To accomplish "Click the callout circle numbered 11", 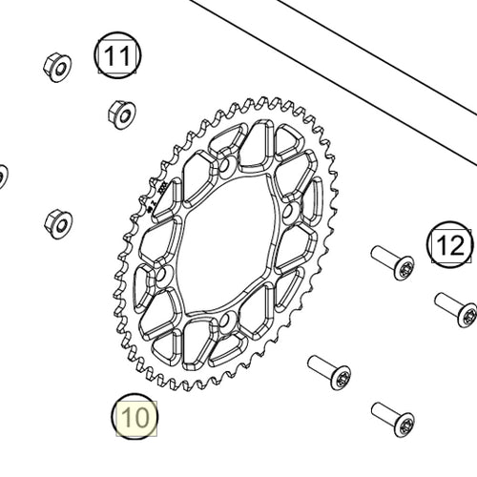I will (x=115, y=56).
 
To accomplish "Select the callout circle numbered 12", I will (x=450, y=246).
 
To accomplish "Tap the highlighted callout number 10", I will (x=135, y=417).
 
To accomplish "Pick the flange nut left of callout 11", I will (x=57, y=67).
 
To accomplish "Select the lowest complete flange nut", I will (x=58, y=223).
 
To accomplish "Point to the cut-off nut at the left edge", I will (x=3, y=176).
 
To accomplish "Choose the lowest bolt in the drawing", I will (x=392, y=418).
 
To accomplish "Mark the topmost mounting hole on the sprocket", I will (x=226, y=166).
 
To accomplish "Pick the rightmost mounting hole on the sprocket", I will (x=289, y=209).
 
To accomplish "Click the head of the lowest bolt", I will (x=404, y=423).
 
